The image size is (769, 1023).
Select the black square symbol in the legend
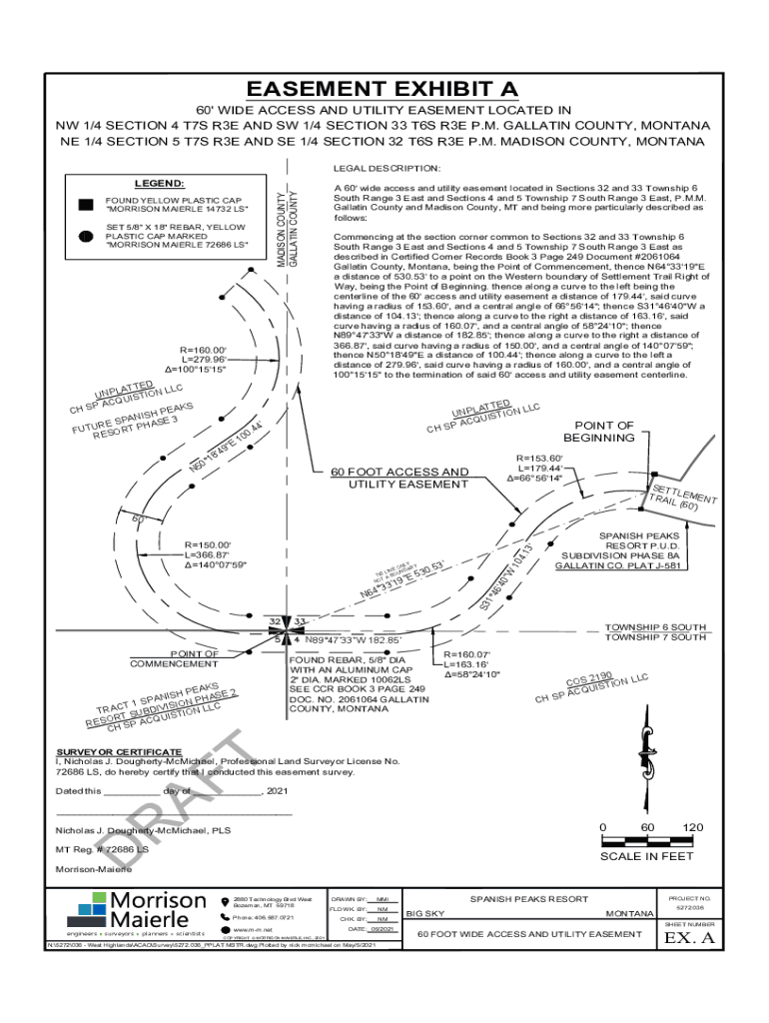tap(86, 205)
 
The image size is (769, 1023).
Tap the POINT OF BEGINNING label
tap(598, 432)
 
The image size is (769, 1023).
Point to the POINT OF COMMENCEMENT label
tap(174, 658)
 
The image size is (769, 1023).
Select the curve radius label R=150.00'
tap(214, 543)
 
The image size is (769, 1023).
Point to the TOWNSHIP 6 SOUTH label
tap(655, 626)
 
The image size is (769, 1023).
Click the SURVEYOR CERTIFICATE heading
tap(119, 750)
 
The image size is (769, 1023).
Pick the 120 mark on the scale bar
tap(692, 828)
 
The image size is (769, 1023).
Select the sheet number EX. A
tap(690, 938)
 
